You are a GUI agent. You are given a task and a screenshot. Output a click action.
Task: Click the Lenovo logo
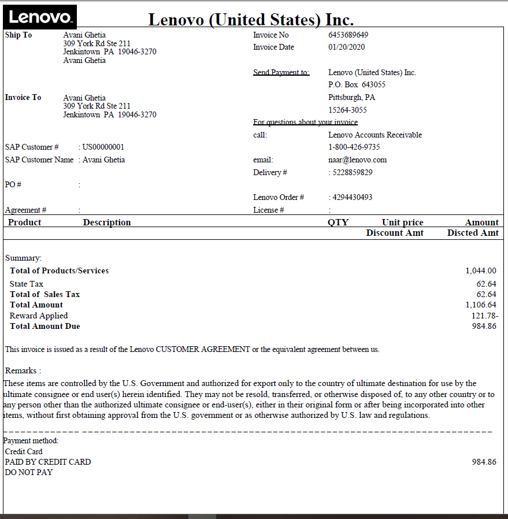40,17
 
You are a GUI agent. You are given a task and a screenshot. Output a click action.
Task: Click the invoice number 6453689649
348,35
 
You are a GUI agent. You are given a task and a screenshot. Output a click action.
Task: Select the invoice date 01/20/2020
347,47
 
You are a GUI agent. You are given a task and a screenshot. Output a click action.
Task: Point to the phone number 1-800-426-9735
354,147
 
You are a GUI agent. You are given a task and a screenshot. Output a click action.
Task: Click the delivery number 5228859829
352,172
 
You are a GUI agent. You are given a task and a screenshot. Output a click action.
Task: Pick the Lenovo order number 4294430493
352,197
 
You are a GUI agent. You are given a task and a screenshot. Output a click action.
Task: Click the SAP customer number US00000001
103,147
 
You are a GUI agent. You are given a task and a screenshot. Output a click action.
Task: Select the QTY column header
338,223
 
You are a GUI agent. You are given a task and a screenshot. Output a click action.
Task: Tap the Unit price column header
402,223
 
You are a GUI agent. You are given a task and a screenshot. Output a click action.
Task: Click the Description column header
107,223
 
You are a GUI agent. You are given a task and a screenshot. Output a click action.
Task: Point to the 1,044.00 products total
480,270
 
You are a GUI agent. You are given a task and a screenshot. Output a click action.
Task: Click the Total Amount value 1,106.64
480,305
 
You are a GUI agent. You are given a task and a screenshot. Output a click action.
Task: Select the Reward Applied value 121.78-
484,316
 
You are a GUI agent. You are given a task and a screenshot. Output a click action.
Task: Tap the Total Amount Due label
45,327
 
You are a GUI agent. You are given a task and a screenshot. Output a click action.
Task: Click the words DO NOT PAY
29,472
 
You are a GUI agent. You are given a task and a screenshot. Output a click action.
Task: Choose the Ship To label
18,35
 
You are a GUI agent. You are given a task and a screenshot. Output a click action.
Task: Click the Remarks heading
23,370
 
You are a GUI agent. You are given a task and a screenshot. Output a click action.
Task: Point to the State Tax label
27,284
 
